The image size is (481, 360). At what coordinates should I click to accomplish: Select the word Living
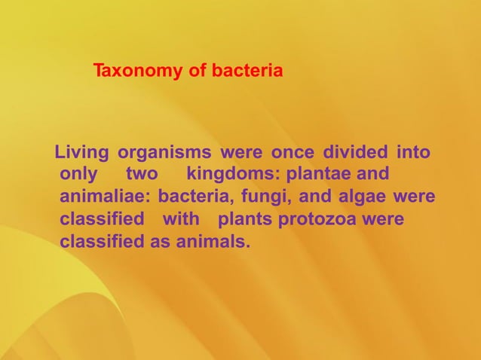point(82,153)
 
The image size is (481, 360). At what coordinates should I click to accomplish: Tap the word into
point(413,153)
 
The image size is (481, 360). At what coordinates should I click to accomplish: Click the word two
point(141,175)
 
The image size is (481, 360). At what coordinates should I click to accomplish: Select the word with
point(181,221)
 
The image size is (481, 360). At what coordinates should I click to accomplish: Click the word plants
point(246,221)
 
